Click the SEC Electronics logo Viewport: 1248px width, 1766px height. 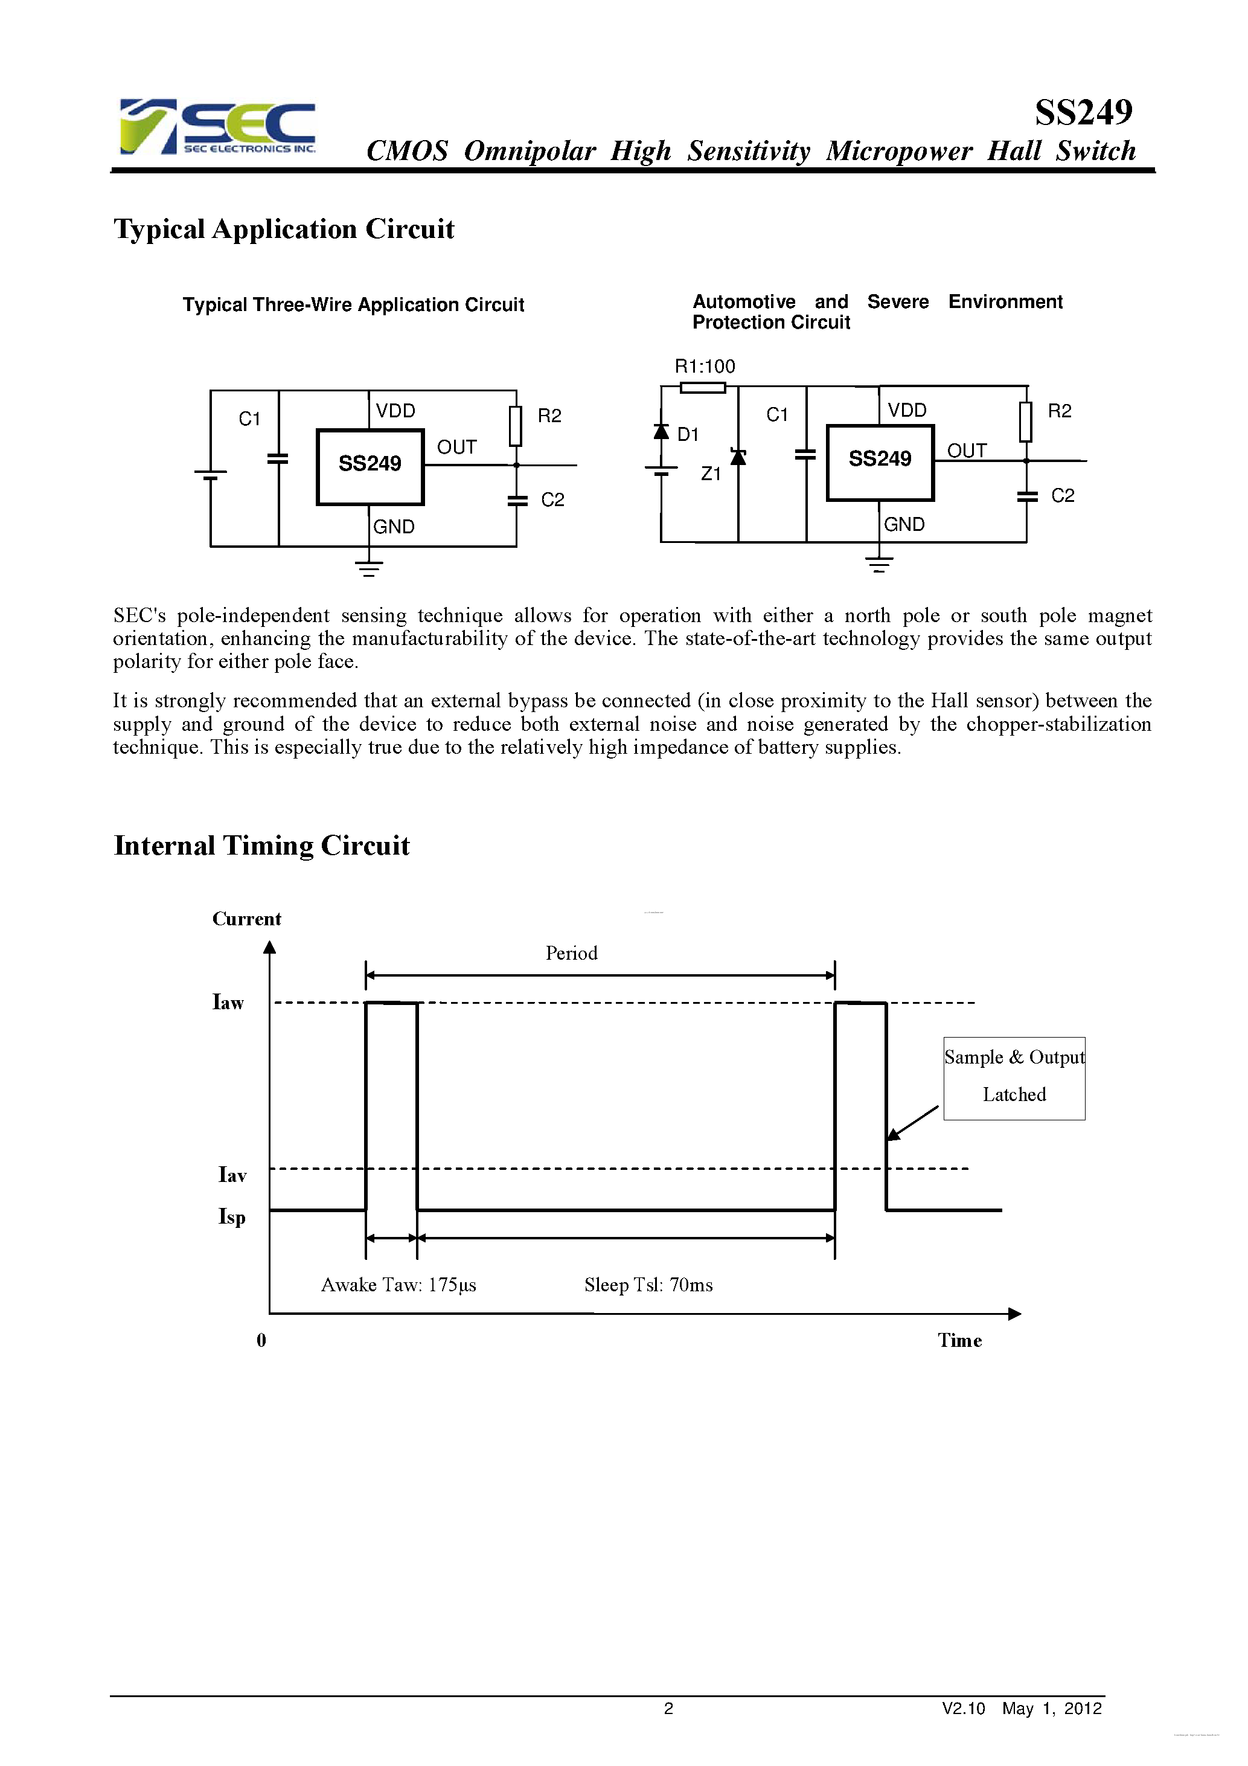coord(217,127)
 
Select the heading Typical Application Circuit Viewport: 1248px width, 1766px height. coord(284,230)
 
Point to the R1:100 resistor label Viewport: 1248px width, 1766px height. coord(705,366)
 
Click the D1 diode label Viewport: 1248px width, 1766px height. coord(688,435)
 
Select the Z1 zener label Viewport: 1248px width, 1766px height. coord(711,474)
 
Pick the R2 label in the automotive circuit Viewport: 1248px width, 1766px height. coord(1059,411)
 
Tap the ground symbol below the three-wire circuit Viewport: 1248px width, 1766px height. coord(369,568)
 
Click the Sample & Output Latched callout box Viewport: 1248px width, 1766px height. coord(1014,1077)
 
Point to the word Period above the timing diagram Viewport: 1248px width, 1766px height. coord(571,953)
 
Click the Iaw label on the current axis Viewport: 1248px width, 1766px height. coord(228,1002)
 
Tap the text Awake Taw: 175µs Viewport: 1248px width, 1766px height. coord(398,1285)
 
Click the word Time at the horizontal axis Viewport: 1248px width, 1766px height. coord(959,1340)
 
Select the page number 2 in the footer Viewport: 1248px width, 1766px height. coord(668,1708)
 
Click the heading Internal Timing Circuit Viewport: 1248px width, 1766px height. coord(261,846)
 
